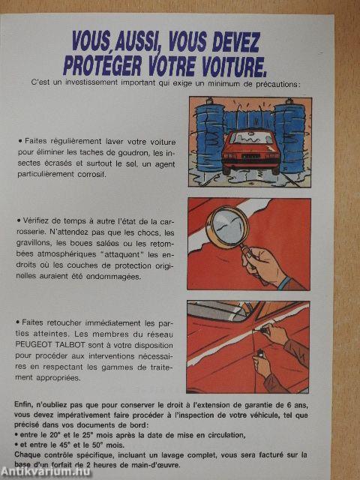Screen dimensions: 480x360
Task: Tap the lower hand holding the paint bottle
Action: point(262,366)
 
